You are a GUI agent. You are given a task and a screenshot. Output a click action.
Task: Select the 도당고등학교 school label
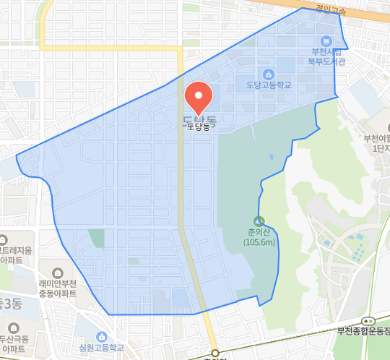pyautogui.click(x=269, y=85)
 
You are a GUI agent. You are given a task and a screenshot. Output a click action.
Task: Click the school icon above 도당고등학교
pyautogui.click(x=269, y=74)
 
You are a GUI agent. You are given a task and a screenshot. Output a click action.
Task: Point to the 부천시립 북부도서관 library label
pyautogui.click(x=327, y=56)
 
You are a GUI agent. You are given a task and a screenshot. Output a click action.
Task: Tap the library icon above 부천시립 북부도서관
pyautogui.click(x=327, y=40)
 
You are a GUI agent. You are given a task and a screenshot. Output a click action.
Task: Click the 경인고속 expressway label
pyautogui.click(x=331, y=10)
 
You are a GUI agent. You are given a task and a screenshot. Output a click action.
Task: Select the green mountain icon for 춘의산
pyautogui.click(x=259, y=221)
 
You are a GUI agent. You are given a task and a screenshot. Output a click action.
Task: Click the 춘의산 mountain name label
pyautogui.click(x=259, y=233)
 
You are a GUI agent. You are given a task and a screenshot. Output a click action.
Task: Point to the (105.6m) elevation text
pyautogui.click(x=259, y=242)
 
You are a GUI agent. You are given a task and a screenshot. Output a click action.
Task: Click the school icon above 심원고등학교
pyautogui.click(x=102, y=336)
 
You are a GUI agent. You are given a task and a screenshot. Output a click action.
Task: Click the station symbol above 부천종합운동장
pyautogui.click(x=369, y=320)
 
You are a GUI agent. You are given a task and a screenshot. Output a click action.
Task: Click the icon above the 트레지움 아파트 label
pyautogui.click(x=3, y=239)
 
